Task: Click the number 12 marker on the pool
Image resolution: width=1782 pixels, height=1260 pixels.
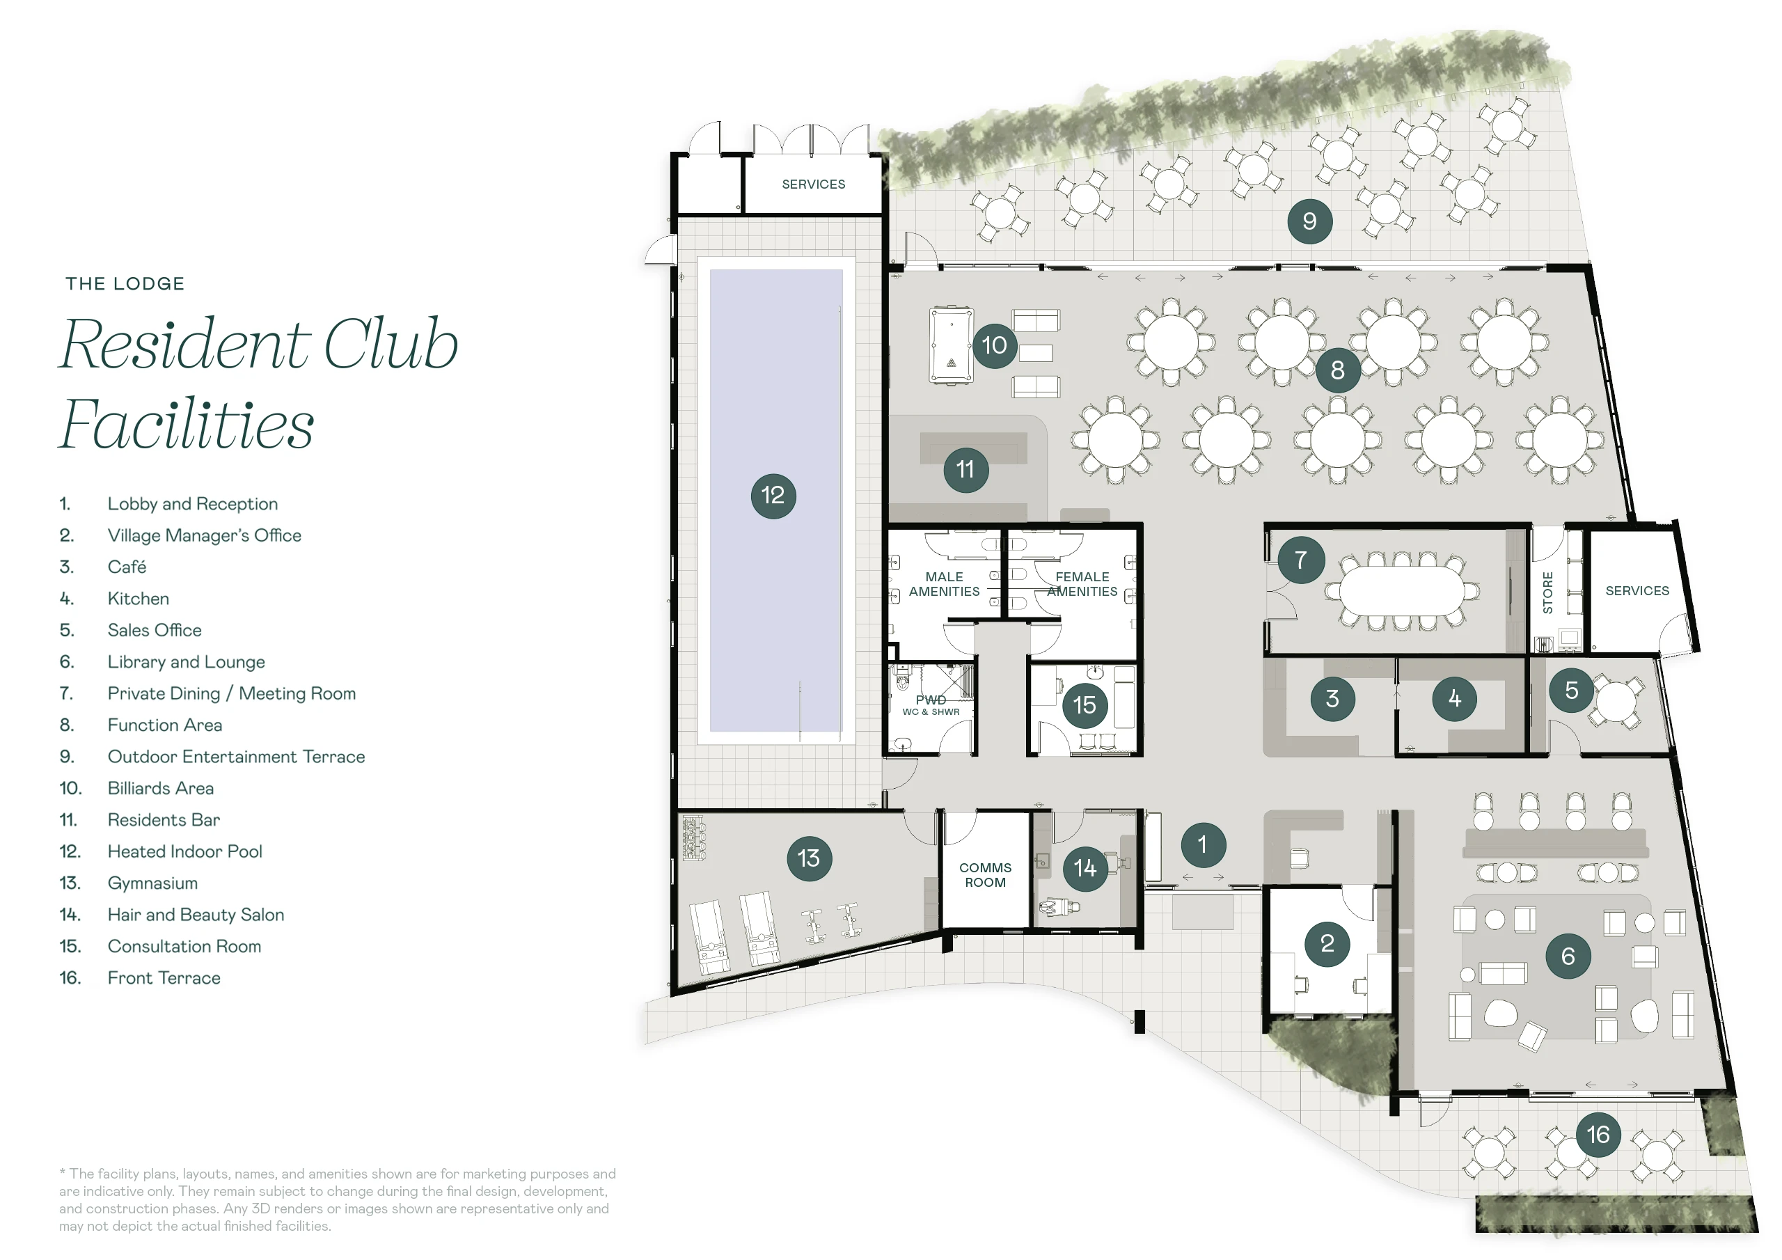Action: click(x=773, y=496)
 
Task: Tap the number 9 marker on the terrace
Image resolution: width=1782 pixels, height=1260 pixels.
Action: click(x=1309, y=221)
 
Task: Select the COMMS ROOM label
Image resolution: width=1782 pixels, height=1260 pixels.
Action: click(x=985, y=875)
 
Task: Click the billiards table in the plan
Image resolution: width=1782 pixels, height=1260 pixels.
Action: click(x=952, y=345)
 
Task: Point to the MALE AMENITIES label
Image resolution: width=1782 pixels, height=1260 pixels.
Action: click(x=944, y=584)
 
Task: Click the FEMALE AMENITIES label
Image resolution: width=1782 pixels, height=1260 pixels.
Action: click(x=1082, y=584)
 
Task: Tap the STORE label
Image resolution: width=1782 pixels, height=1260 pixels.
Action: click(x=1547, y=592)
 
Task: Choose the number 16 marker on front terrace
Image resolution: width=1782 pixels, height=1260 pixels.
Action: click(x=1598, y=1134)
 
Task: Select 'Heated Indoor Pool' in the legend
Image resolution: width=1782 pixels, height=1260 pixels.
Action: click(x=184, y=851)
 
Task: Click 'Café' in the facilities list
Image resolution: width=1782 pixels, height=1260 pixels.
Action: click(x=127, y=567)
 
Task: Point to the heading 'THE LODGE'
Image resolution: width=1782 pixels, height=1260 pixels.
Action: click(x=125, y=283)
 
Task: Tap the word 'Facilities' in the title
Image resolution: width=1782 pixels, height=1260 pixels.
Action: click(x=187, y=424)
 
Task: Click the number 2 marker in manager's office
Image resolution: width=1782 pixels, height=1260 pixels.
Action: click(x=1327, y=943)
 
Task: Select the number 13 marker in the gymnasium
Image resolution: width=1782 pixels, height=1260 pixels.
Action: click(x=809, y=858)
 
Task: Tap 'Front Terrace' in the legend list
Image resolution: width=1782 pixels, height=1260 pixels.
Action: click(x=164, y=978)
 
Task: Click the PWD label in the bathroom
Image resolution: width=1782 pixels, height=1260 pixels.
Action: click(x=931, y=700)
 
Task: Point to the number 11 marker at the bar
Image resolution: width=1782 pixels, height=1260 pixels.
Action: click(x=965, y=470)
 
